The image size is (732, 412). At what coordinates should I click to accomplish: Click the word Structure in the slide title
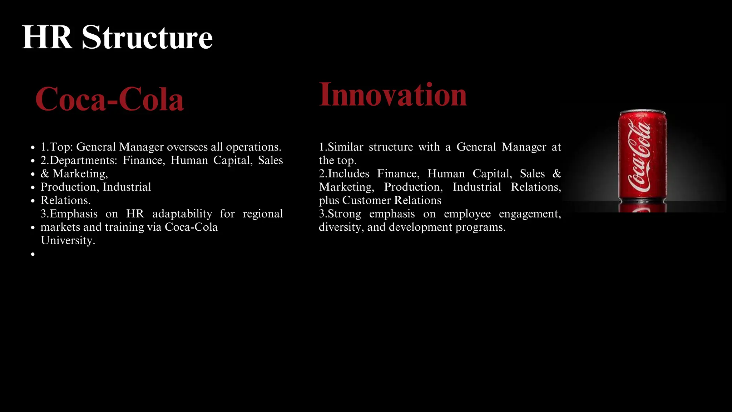pyautogui.click(x=147, y=37)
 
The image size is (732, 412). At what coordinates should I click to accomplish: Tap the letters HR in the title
pyautogui.click(x=47, y=37)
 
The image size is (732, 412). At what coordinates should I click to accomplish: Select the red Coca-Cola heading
pyautogui.click(x=109, y=99)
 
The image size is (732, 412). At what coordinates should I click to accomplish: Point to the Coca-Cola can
pyautogui.click(x=642, y=157)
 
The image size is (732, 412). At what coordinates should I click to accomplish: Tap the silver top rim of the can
pyautogui.click(x=643, y=112)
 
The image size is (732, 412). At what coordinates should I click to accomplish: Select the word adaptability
pyautogui.click(x=182, y=214)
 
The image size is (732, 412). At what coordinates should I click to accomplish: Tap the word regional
pyautogui.click(x=263, y=214)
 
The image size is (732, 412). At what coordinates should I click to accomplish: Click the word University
pyautogui.click(x=68, y=240)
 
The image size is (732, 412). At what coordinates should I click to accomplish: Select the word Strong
pyautogui.click(x=344, y=214)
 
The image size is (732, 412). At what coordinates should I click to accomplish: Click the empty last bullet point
pyautogui.click(x=33, y=254)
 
